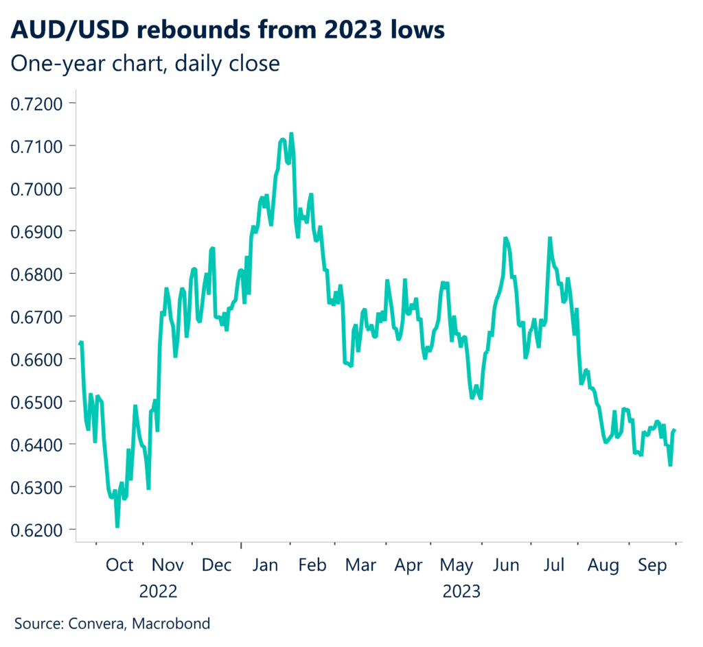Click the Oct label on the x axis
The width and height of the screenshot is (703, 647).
coord(119,565)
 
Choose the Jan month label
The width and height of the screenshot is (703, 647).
coord(265,565)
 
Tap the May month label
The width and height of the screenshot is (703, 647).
coord(457,565)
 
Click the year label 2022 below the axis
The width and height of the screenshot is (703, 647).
coord(158,591)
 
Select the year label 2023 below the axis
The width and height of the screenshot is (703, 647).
coord(461,591)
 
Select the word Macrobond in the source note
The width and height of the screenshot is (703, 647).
coord(171,624)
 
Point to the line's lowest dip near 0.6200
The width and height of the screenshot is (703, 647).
coord(117,526)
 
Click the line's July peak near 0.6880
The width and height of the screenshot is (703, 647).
coord(550,238)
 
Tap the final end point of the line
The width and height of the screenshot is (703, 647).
coord(676,430)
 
